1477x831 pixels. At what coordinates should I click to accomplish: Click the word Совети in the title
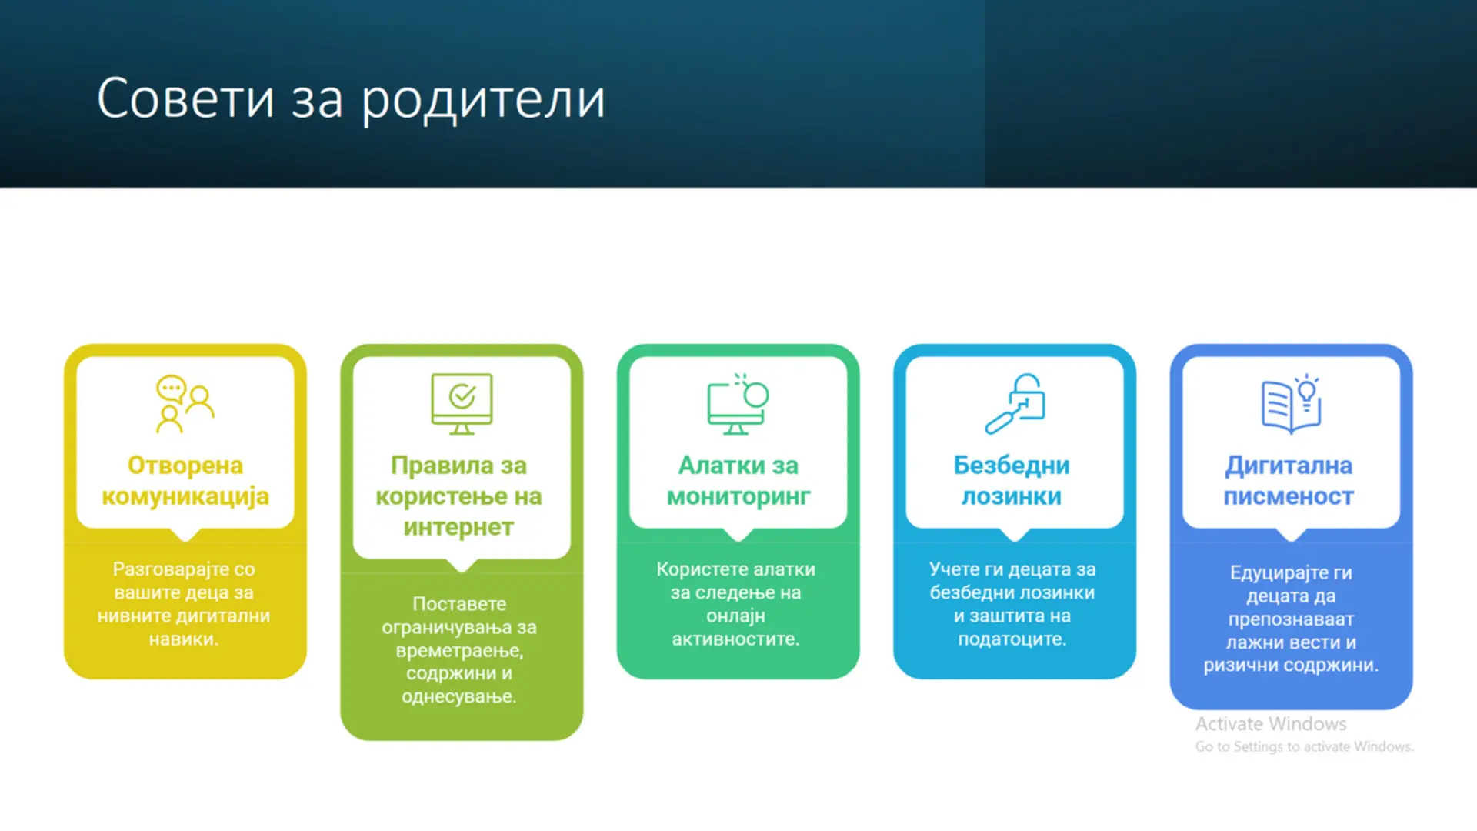(185, 98)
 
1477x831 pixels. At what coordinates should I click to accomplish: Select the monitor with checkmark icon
(462, 404)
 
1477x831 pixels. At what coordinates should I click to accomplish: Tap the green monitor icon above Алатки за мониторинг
(738, 404)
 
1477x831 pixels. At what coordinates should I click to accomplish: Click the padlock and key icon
(1015, 404)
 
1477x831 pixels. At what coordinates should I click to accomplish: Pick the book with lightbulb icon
(1292, 404)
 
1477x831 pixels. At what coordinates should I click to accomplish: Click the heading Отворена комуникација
(185, 481)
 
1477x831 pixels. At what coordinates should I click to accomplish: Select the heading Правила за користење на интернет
(459, 496)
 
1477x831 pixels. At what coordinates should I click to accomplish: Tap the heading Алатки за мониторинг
(738, 481)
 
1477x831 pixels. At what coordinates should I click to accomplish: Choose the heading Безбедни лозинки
(1012, 481)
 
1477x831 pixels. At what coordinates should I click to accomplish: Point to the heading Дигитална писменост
(1289, 481)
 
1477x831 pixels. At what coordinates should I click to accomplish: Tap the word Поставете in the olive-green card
(459, 604)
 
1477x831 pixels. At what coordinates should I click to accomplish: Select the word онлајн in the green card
(736, 616)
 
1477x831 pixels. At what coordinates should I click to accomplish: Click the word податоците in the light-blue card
(1012, 639)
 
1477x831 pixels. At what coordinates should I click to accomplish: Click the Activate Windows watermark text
(1271, 724)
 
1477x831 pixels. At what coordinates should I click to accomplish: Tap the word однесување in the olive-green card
(459, 697)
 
